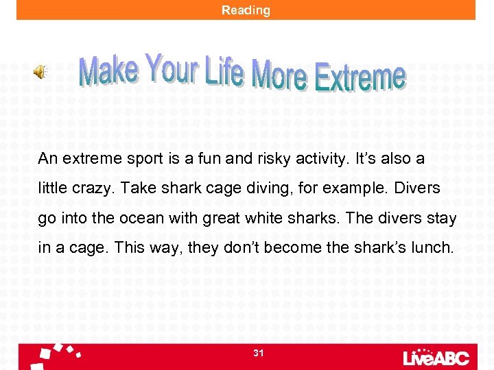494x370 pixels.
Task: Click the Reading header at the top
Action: click(246, 10)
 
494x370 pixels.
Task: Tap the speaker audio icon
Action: click(40, 71)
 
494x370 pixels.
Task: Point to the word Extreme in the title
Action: click(360, 77)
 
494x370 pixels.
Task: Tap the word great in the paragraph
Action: click(230, 217)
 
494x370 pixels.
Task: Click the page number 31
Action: click(258, 353)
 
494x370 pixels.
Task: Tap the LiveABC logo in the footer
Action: click(437, 356)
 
